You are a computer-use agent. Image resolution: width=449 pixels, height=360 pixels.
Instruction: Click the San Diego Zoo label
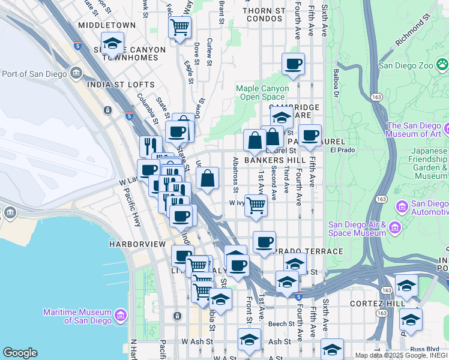406,66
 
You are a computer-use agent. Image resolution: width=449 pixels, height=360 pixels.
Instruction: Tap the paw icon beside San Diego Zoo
442,63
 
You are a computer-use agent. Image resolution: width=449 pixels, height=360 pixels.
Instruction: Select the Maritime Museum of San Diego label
78,316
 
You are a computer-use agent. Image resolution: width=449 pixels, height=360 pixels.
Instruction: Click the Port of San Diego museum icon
76,73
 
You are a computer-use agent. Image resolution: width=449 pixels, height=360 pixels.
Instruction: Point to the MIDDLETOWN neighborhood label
107,25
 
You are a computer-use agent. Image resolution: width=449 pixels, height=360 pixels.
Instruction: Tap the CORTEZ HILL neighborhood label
358,304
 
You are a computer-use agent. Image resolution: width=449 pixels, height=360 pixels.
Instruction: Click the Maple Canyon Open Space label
262,92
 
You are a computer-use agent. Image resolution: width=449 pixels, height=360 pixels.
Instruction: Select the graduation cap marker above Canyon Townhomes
112,43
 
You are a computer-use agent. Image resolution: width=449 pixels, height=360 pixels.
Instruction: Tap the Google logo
20,353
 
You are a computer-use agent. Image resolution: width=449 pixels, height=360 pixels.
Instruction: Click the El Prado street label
343,150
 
